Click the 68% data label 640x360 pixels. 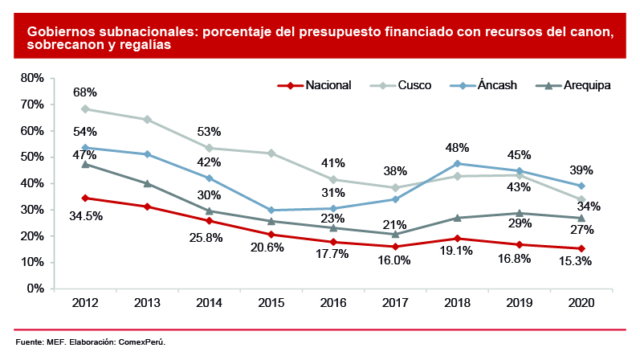pos(84,92)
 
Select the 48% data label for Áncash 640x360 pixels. pos(458,148)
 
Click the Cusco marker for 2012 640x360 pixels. pos(84,109)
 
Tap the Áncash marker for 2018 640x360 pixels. pos(458,163)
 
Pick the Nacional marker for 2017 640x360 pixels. pos(396,247)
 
